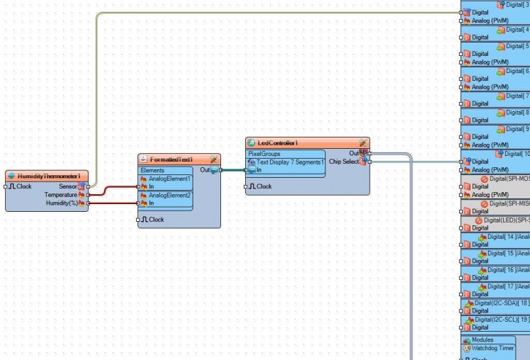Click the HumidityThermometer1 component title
[x=48, y=176]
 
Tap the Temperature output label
[x=60, y=194]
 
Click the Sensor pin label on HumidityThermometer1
[x=68, y=186]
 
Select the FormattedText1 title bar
[x=171, y=159]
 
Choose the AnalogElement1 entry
[x=169, y=179]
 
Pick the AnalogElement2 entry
[x=169, y=195]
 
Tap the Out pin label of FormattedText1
[x=204, y=170]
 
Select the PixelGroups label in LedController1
[x=264, y=153]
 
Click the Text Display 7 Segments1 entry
[x=290, y=162]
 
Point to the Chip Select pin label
[x=344, y=162]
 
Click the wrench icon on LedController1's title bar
[x=363, y=142]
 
